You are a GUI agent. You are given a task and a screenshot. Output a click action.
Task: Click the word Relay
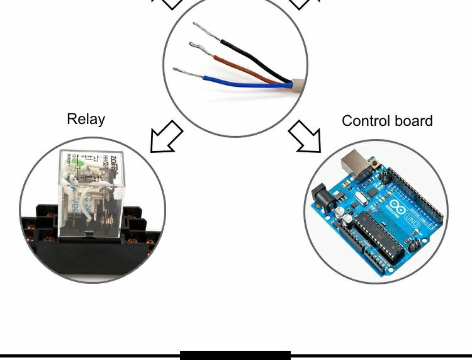tap(86, 119)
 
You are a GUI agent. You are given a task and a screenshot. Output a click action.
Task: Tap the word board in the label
tap(414, 121)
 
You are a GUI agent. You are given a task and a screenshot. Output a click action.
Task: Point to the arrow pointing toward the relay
tap(166, 137)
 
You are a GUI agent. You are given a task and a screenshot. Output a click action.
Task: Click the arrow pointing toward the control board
tap(306, 137)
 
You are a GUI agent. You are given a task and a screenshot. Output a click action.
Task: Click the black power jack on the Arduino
tap(323, 199)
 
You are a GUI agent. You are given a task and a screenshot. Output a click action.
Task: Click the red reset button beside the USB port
tap(376, 166)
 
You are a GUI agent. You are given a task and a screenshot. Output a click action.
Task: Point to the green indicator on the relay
tap(76, 164)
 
